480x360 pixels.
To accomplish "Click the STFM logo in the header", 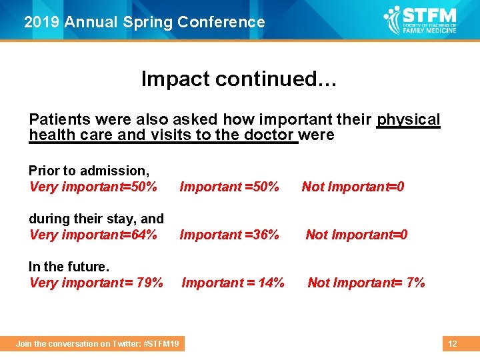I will [x=421, y=21].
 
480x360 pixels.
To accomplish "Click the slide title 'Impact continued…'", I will [x=239, y=79].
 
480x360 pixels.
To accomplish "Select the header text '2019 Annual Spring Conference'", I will [x=145, y=22].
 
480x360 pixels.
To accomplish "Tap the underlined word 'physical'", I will [x=408, y=120].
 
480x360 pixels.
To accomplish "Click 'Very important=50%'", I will [x=93, y=187].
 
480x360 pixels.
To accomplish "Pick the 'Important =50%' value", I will [x=229, y=187].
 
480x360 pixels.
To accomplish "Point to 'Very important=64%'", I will [x=93, y=235].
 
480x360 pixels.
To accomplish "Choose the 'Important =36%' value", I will [x=229, y=235].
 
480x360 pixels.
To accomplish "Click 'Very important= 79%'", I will [x=96, y=283].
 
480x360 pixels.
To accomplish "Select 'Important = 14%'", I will [x=233, y=283].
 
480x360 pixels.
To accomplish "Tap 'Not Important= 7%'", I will [x=366, y=283].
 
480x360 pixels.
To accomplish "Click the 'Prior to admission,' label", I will [x=89, y=171].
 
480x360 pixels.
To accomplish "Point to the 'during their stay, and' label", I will [x=96, y=219].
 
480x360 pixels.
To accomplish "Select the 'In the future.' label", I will [x=69, y=267].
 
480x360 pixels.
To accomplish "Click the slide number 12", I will [x=452, y=344].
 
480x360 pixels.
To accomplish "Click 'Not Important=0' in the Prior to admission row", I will [x=353, y=187].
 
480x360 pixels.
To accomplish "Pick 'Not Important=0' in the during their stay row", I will [x=356, y=235].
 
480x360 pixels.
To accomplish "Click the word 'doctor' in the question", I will [x=273, y=135].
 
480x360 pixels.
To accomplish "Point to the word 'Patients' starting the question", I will [x=59, y=120].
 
